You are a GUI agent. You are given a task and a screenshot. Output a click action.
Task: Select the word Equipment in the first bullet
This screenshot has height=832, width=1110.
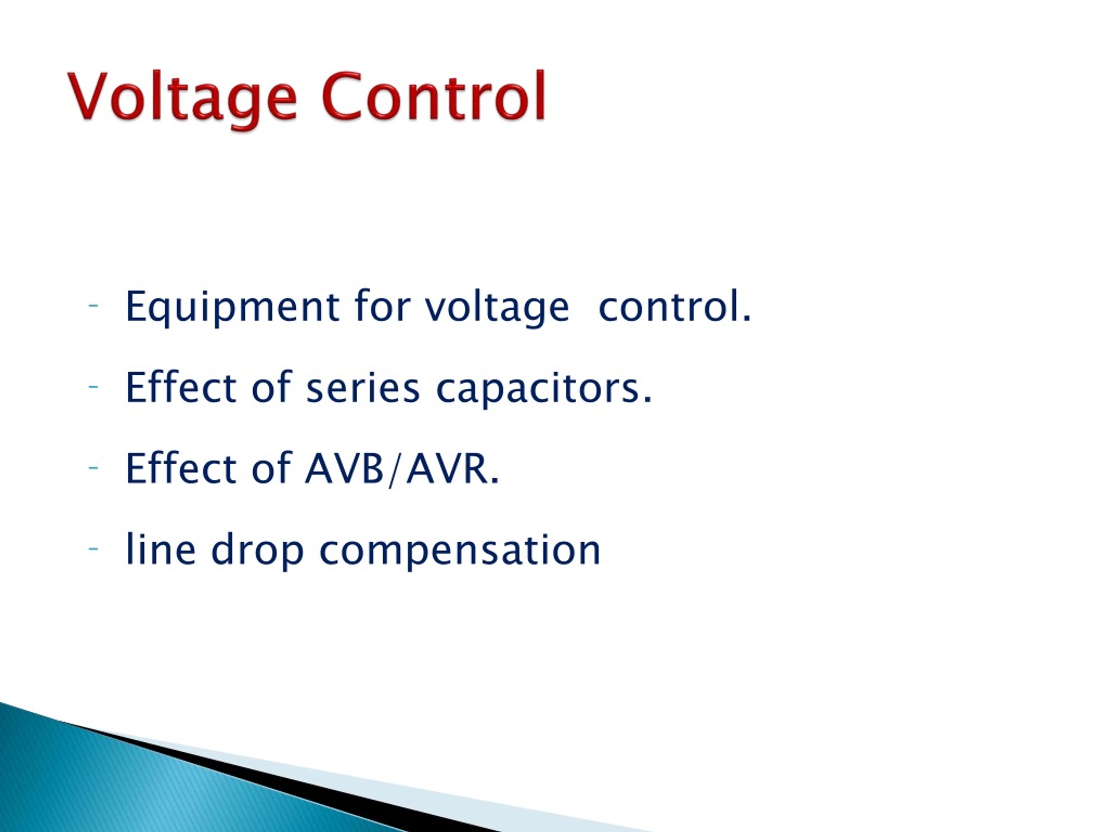232,306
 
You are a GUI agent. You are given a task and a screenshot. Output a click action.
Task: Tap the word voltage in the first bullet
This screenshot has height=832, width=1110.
497,307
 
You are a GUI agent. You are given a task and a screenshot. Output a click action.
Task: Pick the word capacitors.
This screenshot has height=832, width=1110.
544,388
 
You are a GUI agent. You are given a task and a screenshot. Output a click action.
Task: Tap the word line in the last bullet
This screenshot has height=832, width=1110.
160,549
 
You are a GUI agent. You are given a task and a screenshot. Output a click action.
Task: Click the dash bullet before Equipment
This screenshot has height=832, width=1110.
93,305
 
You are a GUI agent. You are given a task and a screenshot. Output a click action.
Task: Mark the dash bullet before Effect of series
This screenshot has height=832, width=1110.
93,386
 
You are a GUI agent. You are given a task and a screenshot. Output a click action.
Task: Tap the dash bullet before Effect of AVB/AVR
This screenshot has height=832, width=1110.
93,468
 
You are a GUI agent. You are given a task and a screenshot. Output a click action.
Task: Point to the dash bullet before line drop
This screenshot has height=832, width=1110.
93,549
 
